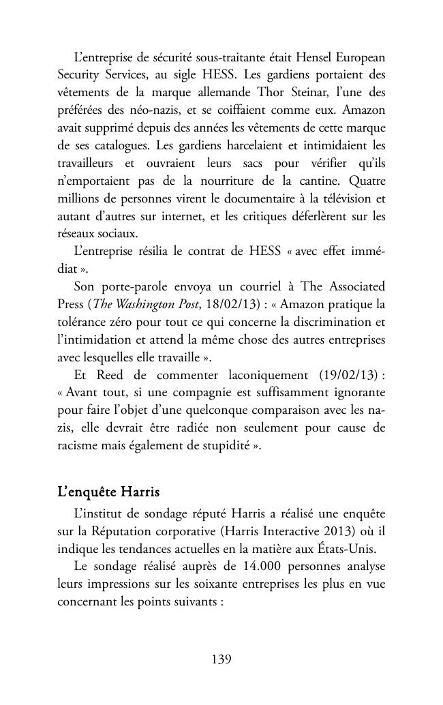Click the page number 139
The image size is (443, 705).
pyautogui.click(x=221, y=659)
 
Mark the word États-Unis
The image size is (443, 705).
pyautogui.click(x=361, y=528)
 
